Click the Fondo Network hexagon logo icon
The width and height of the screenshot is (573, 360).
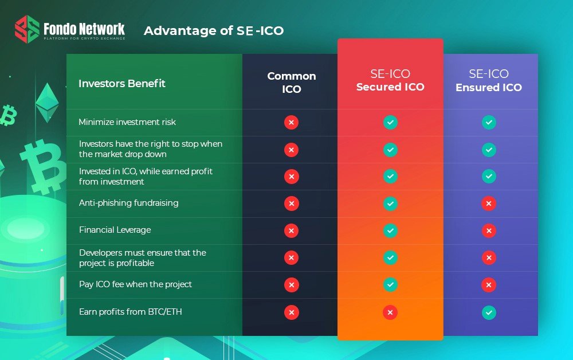tap(27, 29)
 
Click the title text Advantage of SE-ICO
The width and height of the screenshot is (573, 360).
tap(214, 31)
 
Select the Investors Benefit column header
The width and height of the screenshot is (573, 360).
tap(122, 84)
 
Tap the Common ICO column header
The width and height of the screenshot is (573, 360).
tap(291, 83)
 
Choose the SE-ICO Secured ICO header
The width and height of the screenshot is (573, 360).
tap(390, 80)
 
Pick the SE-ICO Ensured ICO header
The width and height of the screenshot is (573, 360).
tap(489, 81)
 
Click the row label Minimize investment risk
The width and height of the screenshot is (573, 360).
tap(127, 122)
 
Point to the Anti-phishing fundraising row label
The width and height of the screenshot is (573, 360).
tap(128, 203)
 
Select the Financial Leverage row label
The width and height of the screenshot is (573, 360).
tap(115, 230)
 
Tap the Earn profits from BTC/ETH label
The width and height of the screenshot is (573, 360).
tap(131, 312)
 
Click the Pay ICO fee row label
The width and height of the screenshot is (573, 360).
tap(135, 284)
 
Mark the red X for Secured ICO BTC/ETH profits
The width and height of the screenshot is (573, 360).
tap(390, 312)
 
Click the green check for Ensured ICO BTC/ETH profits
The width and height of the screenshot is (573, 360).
tap(489, 312)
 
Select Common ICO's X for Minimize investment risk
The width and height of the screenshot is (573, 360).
tap(291, 123)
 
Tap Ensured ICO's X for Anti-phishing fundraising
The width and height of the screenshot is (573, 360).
tap(489, 204)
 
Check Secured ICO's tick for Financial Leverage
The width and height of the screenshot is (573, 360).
tap(390, 230)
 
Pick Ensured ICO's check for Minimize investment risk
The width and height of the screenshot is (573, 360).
tap(489, 123)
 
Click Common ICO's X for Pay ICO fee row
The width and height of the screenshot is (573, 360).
tap(291, 285)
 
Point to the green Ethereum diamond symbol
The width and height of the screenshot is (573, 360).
tap(47, 103)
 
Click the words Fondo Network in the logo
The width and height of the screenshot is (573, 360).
tap(84, 29)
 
